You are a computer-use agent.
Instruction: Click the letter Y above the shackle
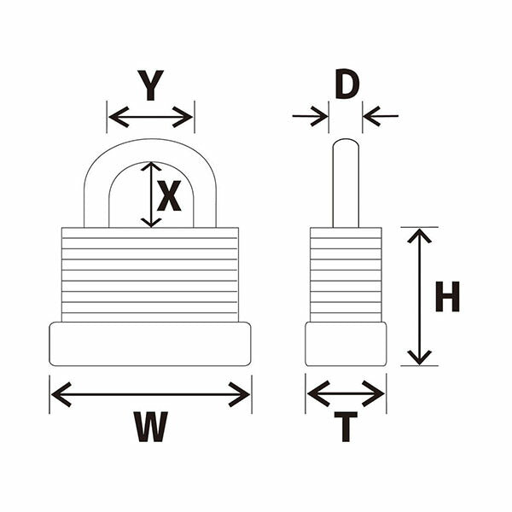pos(150,85)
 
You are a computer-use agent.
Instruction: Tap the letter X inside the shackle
pos(169,195)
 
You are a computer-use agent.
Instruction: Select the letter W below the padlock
pos(151,427)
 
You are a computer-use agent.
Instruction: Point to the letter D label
pos(347,84)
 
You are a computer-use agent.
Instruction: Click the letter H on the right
pos(447,297)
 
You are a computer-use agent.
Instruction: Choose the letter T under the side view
pos(346,427)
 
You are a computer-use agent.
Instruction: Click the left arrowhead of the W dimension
pos(61,394)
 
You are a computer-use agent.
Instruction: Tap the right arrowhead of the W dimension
pos(239,394)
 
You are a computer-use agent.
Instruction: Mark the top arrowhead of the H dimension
pos(420,236)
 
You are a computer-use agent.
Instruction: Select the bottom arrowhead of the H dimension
pos(420,358)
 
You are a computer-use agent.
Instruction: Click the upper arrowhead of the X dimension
pos(151,166)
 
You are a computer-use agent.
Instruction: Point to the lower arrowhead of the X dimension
pos(151,223)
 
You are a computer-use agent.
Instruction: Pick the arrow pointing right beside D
pos(310,116)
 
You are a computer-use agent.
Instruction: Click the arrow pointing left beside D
pos(381,116)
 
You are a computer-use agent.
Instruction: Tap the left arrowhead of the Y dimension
pos(119,117)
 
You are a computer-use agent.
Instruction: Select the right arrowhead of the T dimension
pos(374,393)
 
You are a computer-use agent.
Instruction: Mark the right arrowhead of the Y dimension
pos(183,117)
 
